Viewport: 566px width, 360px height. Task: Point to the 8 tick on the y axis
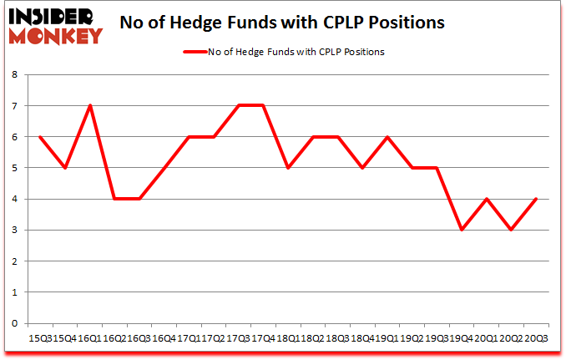[x=14, y=74]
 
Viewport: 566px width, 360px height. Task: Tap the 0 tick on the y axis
[x=14, y=323]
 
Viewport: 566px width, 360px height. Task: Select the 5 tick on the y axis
[x=14, y=168]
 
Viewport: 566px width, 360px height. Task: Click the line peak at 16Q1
[x=89, y=105]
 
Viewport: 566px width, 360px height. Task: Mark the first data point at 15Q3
[x=39, y=137]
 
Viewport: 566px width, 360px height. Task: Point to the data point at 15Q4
[x=64, y=168]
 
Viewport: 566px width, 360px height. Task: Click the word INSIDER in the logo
[x=52, y=17]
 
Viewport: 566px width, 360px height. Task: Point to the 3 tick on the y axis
[x=14, y=230]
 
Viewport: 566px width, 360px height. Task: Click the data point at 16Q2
[x=114, y=199]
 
